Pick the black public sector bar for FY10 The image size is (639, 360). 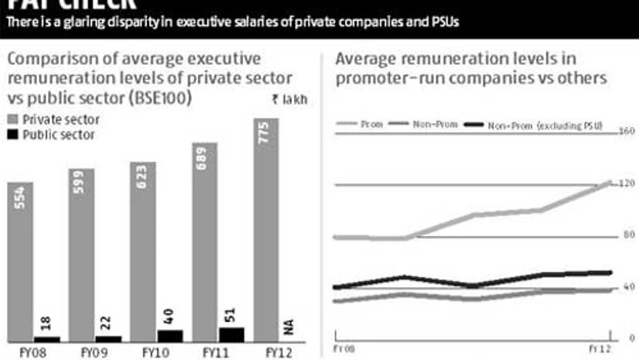click(x=170, y=335)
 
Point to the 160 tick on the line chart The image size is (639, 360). click(x=626, y=132)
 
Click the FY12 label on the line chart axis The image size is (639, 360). click(x=598, y=350)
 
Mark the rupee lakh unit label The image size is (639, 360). click(x=289, y=99)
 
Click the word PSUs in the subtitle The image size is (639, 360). click(x=444, y=22)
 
